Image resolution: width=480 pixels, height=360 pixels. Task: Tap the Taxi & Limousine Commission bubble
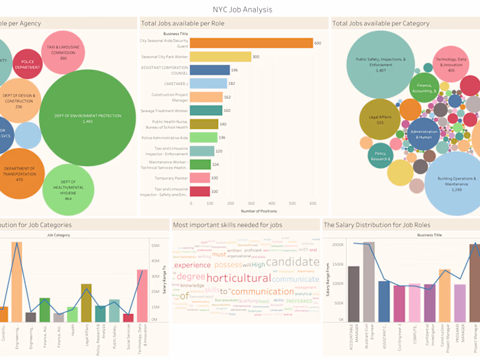[63, 52]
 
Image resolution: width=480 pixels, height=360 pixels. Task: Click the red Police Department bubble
[27, 64]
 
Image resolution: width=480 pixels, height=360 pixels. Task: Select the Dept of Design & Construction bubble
[19, 101]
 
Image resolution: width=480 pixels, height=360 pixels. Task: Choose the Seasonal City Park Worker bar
[220, 57]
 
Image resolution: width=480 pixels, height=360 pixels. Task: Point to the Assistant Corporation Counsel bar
[209, 70]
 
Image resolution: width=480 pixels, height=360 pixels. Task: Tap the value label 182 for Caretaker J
[232, 84]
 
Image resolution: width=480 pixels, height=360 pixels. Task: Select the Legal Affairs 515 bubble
[381, 119]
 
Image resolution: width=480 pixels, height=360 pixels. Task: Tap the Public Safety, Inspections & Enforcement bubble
[381, 64]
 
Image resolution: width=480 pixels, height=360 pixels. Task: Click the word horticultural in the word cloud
[238, 278]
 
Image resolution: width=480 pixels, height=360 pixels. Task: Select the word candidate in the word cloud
[292, 262]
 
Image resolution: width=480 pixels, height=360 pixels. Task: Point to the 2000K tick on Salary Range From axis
[337, 245]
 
